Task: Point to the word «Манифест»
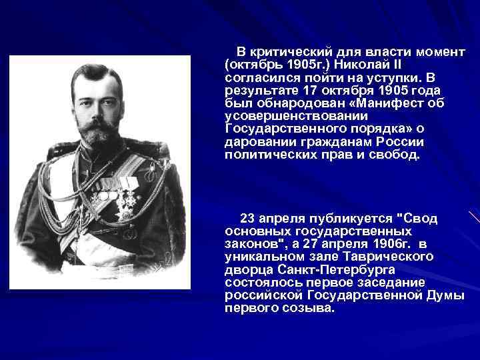[391, 103]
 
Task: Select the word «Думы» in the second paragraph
[443, 295]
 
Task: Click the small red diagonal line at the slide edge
[474, 217]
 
